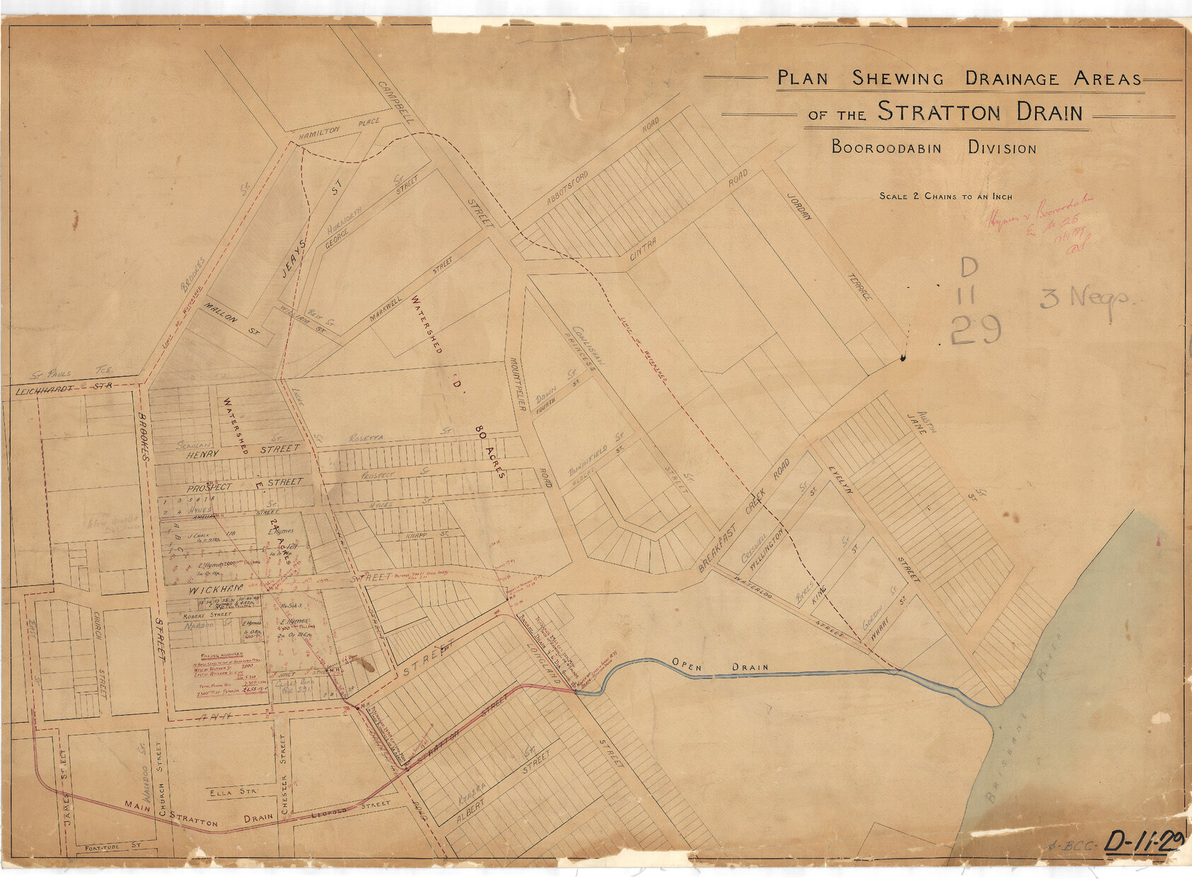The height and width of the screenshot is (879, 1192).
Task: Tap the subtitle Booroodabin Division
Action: tap(934, 148)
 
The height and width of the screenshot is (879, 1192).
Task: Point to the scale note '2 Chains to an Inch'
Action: tap(946, 197)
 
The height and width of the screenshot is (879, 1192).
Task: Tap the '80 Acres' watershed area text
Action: tap(490, 453)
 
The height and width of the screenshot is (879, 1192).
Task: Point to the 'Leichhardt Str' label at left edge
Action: tap(64, 389)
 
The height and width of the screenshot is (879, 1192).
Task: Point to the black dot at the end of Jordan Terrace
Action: tap(903, 359)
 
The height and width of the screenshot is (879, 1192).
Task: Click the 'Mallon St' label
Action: tap(231, 319)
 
